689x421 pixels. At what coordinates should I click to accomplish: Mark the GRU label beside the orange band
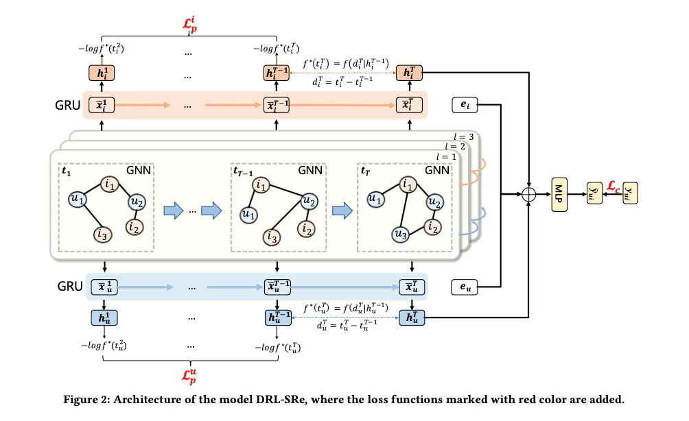pos(67,106)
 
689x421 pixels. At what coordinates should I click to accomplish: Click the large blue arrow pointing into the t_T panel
pos(340,210)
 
